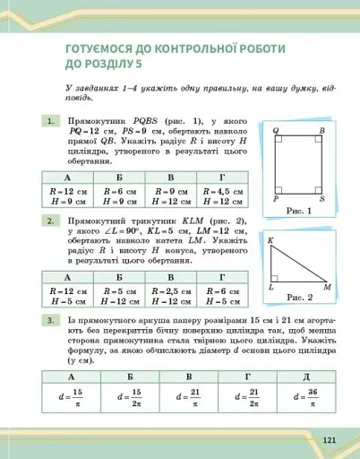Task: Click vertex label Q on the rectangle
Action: [276, 131]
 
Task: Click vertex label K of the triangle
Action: [270, 240]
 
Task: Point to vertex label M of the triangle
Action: [327, 288]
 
